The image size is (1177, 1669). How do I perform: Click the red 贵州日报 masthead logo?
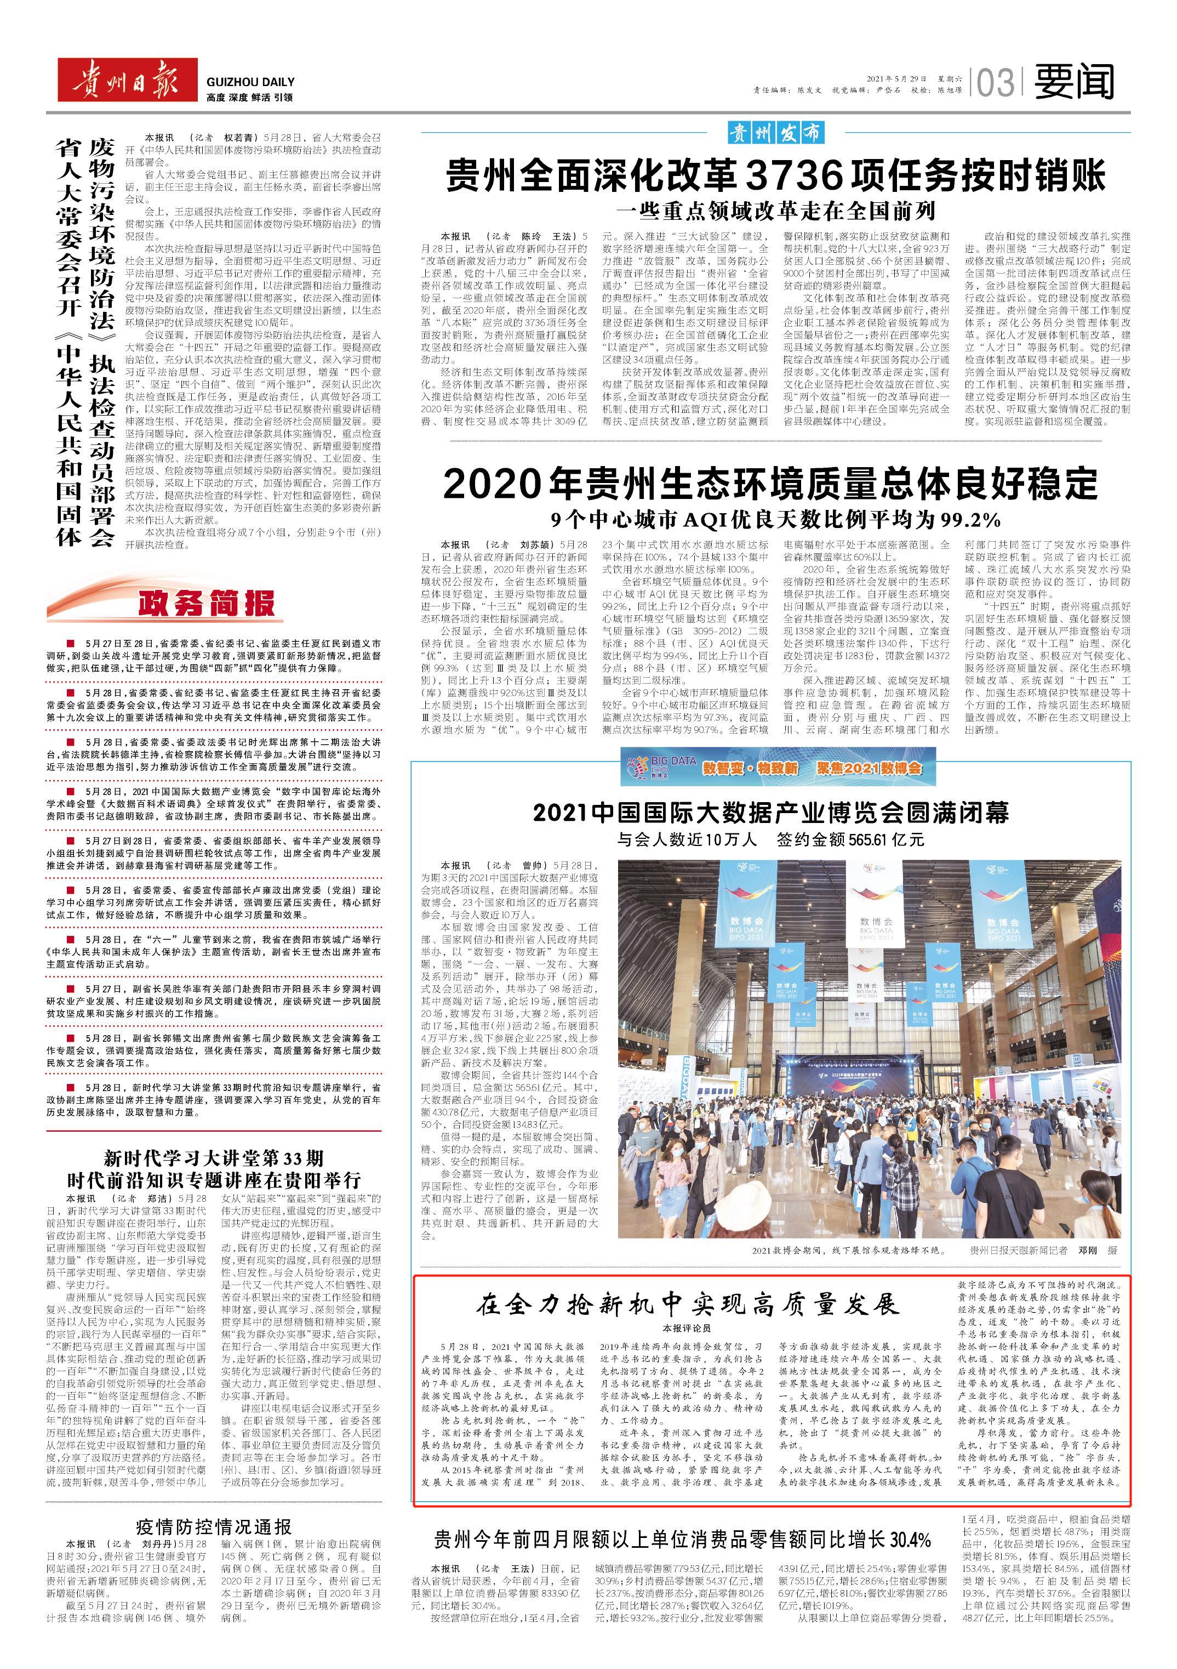coord(127,81)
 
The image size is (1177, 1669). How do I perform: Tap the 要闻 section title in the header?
coord(1074,81)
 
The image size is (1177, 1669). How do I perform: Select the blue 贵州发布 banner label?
coord(776,133)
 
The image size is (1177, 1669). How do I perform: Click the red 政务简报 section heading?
coord(207,603)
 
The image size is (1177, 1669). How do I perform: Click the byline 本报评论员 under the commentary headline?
coord(687,1328)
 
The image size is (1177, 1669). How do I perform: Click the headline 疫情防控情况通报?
coord(214,1506)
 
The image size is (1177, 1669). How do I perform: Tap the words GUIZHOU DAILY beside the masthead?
coord(250,83)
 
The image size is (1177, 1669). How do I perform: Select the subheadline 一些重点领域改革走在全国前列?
coord(776,212)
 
